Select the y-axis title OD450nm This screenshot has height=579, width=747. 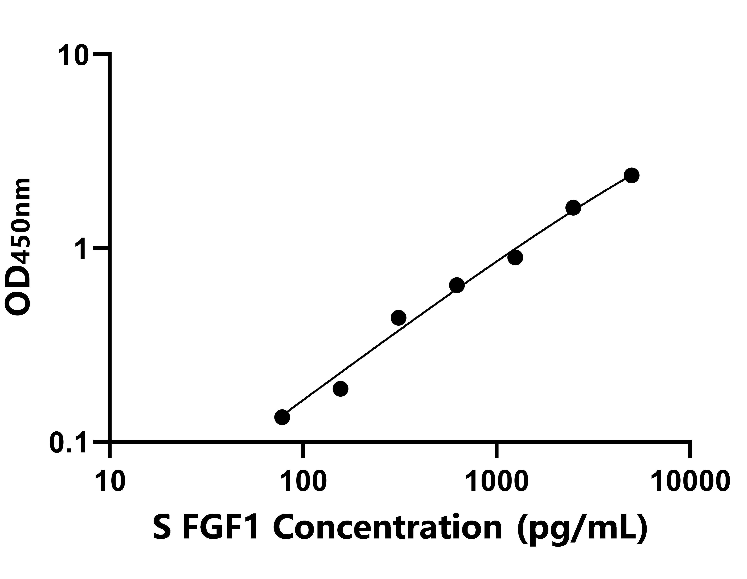[x=19, y=247]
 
